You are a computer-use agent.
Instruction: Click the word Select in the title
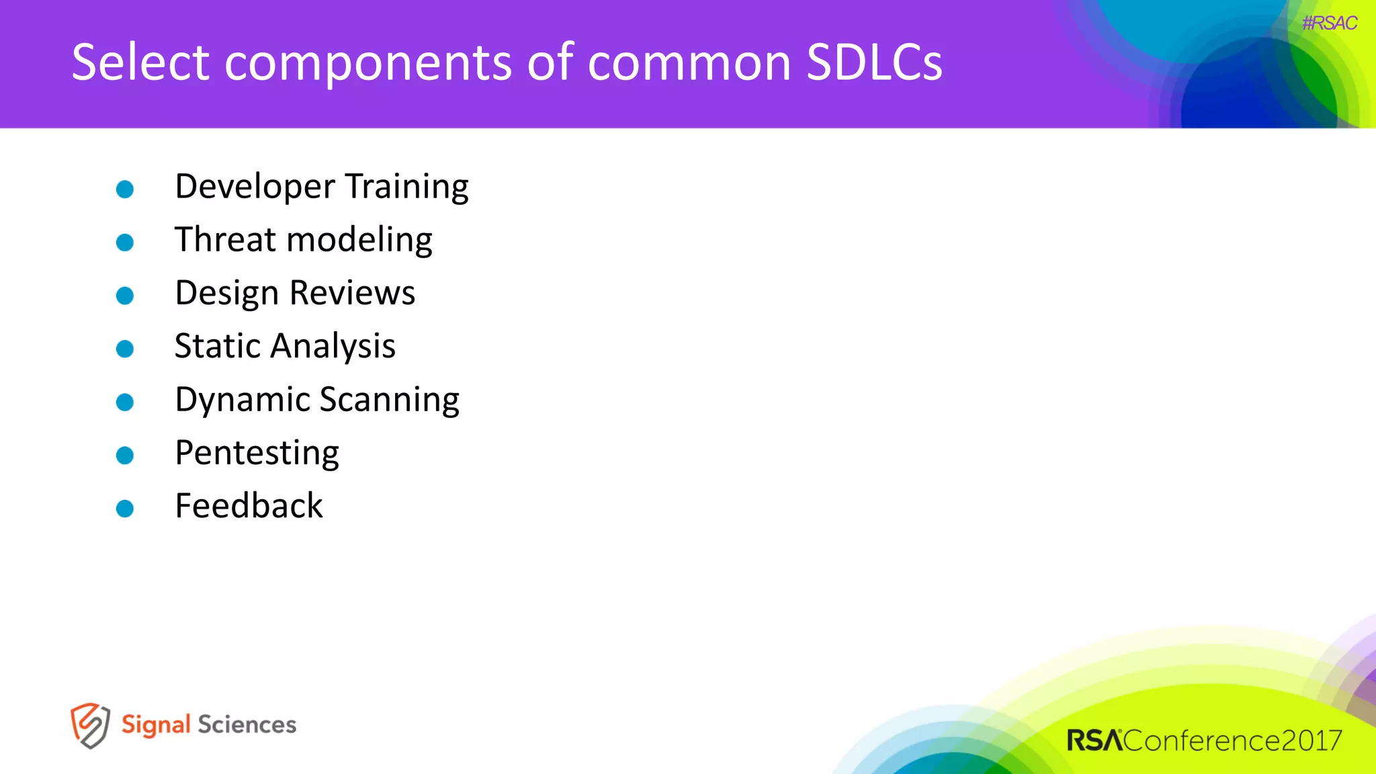click(x=140, y=62)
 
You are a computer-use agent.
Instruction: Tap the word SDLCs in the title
click(x=874, y=62)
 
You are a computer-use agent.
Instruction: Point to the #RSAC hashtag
click(x=1329, y=24)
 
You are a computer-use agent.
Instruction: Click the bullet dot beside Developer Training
click(x=125, y=189)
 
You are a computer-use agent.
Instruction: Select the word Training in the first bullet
click(x=407, y=186)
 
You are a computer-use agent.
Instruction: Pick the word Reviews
click(x=352, y=293)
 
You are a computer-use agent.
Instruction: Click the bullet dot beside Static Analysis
click(x=125, y=349)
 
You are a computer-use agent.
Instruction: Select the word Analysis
click(x=333, y=347)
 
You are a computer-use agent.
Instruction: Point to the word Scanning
click(x=389, y=400)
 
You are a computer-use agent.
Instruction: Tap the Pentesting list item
click(x=257, y=453)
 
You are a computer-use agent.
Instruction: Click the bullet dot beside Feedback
click(x=125, y=509)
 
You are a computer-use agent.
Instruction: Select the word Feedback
click(x=249, y=506)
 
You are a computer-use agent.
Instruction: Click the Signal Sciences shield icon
click(x=90, y=726)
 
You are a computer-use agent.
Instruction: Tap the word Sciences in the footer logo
click(x=247, y=725)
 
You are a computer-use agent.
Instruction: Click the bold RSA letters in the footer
click(x=1094, y=740)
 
